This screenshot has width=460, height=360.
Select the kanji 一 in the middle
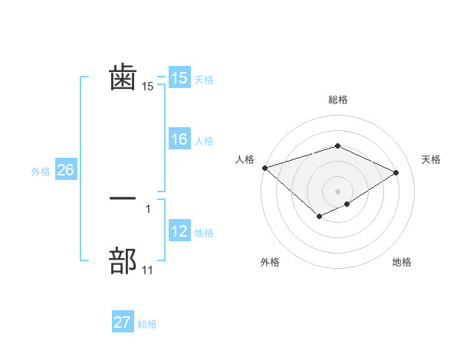click(123, 198)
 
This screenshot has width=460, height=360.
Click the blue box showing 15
click(179, 79)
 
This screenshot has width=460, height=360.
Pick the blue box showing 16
click(179, 139)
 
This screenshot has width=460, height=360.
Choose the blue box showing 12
click(179, 231)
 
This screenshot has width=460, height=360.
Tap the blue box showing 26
click(65, 170)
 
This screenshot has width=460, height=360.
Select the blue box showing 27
click(123, 322)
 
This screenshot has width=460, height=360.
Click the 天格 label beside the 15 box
click(204, 80)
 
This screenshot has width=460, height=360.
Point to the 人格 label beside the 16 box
click(204, 141)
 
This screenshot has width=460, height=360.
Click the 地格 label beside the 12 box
click(204, 233)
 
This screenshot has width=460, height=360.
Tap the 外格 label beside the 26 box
click(41, 172)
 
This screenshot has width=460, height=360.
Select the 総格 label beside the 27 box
click(147, 324)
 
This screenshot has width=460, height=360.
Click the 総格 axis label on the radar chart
click(338, 100)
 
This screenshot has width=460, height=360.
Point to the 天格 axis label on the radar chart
click(432, 159)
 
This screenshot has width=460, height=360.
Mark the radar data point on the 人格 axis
click(264, 168)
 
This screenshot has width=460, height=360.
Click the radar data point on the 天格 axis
click(396, 172)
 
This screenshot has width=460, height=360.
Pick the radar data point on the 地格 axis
click(347, 204)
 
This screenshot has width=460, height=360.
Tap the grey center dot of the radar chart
click(338, 191)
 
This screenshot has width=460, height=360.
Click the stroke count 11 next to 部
click(148, 270)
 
